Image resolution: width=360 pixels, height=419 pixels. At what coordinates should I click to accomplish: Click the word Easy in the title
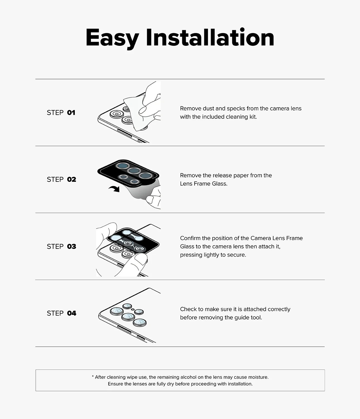pyautogui.click(x=112, y=38)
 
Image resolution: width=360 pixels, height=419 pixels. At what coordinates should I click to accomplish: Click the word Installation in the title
pyautogui.click(x=210, y=37)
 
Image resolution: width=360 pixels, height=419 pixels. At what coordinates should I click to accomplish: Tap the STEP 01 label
pyautogui.click(x=61, y=113)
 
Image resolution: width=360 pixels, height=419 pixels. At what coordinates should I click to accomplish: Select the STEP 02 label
pyautogui.click(x=61, y=179)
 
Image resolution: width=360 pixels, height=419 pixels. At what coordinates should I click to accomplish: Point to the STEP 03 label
pyautogui.click(x=61, y=246)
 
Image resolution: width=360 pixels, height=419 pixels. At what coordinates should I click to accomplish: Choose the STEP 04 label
pyautogui.click(x=61, y=313)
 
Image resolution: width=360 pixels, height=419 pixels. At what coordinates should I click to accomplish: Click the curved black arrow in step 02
pyautogui.click(x=115, y=189)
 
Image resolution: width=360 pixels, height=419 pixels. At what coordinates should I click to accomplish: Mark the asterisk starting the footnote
pyautogui.click(x=93, y=377)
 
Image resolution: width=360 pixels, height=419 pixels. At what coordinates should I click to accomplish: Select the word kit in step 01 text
pyautogui.click(x=253, y=117)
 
